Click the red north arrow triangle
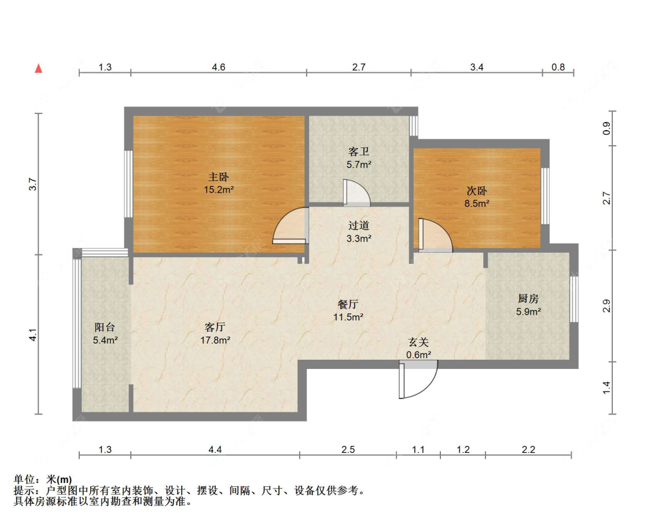(39, 68)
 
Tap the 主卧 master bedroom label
(219, 177)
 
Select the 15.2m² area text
(219, 190)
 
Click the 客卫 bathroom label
(359, 152)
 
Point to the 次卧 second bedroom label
(477, 191)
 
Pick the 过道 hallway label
(359, 226)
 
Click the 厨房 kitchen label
(528, 298)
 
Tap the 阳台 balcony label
(105, 327)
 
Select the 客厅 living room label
(215, 327)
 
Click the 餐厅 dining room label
(348, 304)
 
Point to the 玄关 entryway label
(418, 342)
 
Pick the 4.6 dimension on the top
(218, 67)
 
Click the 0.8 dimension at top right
(558, 67)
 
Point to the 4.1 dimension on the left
(33, 335)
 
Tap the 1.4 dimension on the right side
(606, 388)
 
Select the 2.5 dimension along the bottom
(348, 449)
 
